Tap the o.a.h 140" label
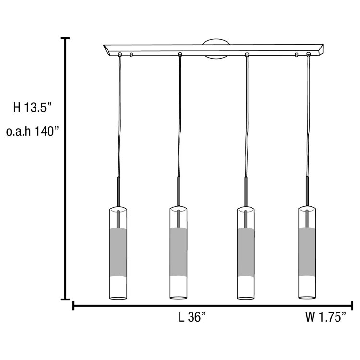[x=33, y=132]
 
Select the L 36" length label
[x=192, y=317]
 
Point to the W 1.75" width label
[x=325, y=317]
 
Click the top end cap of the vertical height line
[x=65, y=38]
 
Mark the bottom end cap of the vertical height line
[x=65, y=299]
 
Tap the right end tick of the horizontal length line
[x=353, y=305]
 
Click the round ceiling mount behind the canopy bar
[x=215, y=49]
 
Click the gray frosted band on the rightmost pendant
[x=307, y=253]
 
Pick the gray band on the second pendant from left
[x=179, y=253]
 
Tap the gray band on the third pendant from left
[x=246, y=253]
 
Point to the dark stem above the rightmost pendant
[x=307, y=191]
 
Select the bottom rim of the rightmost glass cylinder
[x=307, y=298]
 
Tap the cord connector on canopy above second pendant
[x=180, y=54]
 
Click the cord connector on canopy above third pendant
[x=247, y=54]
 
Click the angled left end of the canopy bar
[x=107, y=49]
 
